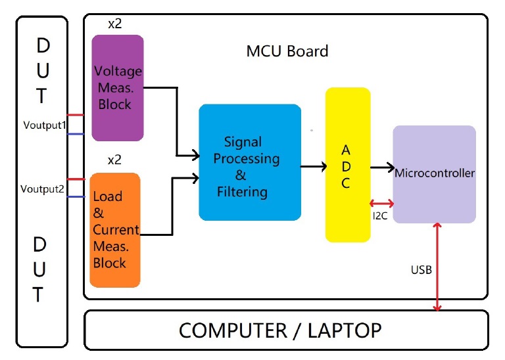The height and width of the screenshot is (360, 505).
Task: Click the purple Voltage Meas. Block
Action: coord(118,87)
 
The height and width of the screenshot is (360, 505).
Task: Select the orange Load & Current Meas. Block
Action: coord(115,230)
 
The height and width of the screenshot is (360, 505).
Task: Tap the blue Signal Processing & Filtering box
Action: coord(250,162)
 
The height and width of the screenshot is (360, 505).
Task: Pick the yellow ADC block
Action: coord(348,164)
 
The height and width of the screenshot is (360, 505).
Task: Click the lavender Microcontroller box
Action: coord(434,174)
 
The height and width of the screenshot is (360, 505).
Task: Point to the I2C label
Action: coord(380,215)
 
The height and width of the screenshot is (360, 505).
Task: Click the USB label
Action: coord(421,269)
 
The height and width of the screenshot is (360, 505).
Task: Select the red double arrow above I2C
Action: coord(381,203)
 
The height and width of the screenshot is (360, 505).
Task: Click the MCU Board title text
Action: coord(287,51)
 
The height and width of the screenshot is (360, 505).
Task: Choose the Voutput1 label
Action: coord(43,125)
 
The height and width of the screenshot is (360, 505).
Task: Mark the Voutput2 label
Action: coord(42,189)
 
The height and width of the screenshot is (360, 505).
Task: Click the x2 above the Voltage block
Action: coord(116,24)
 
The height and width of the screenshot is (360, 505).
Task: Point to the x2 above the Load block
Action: coord(114,160)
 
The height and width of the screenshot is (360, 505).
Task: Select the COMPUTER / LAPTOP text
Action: coord(280,330)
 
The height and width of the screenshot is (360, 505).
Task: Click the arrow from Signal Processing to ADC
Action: coord(314,167)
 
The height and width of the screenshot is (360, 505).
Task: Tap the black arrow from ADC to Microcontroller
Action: coord(381,168)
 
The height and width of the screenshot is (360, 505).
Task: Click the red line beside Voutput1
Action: coord(75,115)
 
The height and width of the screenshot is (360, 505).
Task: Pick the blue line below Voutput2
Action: coord(75,196)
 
